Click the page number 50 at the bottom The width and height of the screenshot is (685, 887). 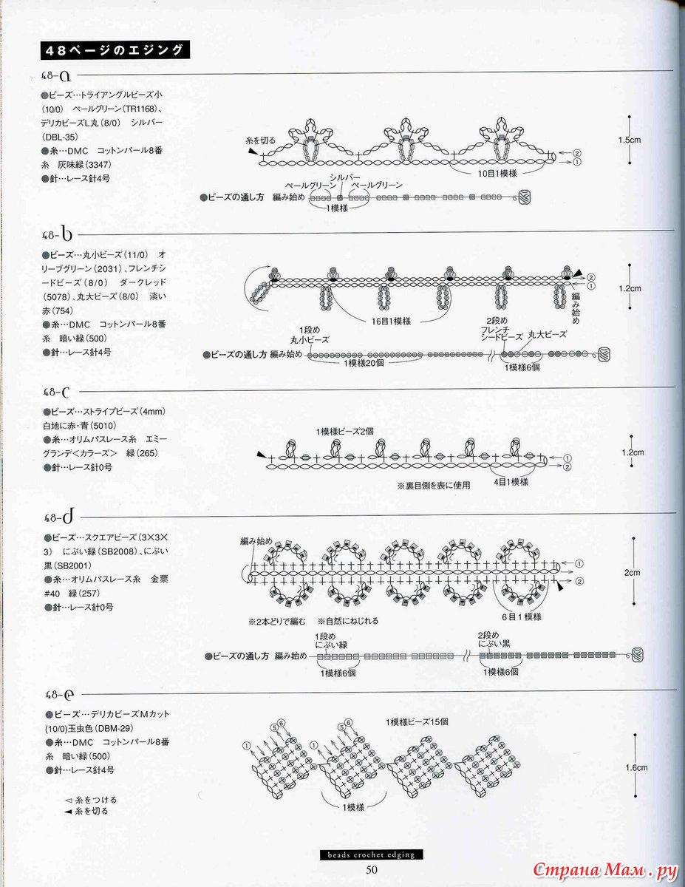(371, 869)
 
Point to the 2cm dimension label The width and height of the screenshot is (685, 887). (631, 573)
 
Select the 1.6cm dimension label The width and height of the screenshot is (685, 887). (636, 768)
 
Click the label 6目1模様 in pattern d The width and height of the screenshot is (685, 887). (522, 616)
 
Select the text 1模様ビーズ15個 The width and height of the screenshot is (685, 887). (417, 721)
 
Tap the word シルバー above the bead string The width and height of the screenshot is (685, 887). (345, 177)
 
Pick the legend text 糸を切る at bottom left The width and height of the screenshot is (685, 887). (91, 811)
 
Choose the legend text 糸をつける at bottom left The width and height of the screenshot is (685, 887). (91, 800)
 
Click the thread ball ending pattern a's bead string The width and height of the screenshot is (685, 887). (525, 197)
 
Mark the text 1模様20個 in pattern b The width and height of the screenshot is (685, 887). (360, 364)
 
